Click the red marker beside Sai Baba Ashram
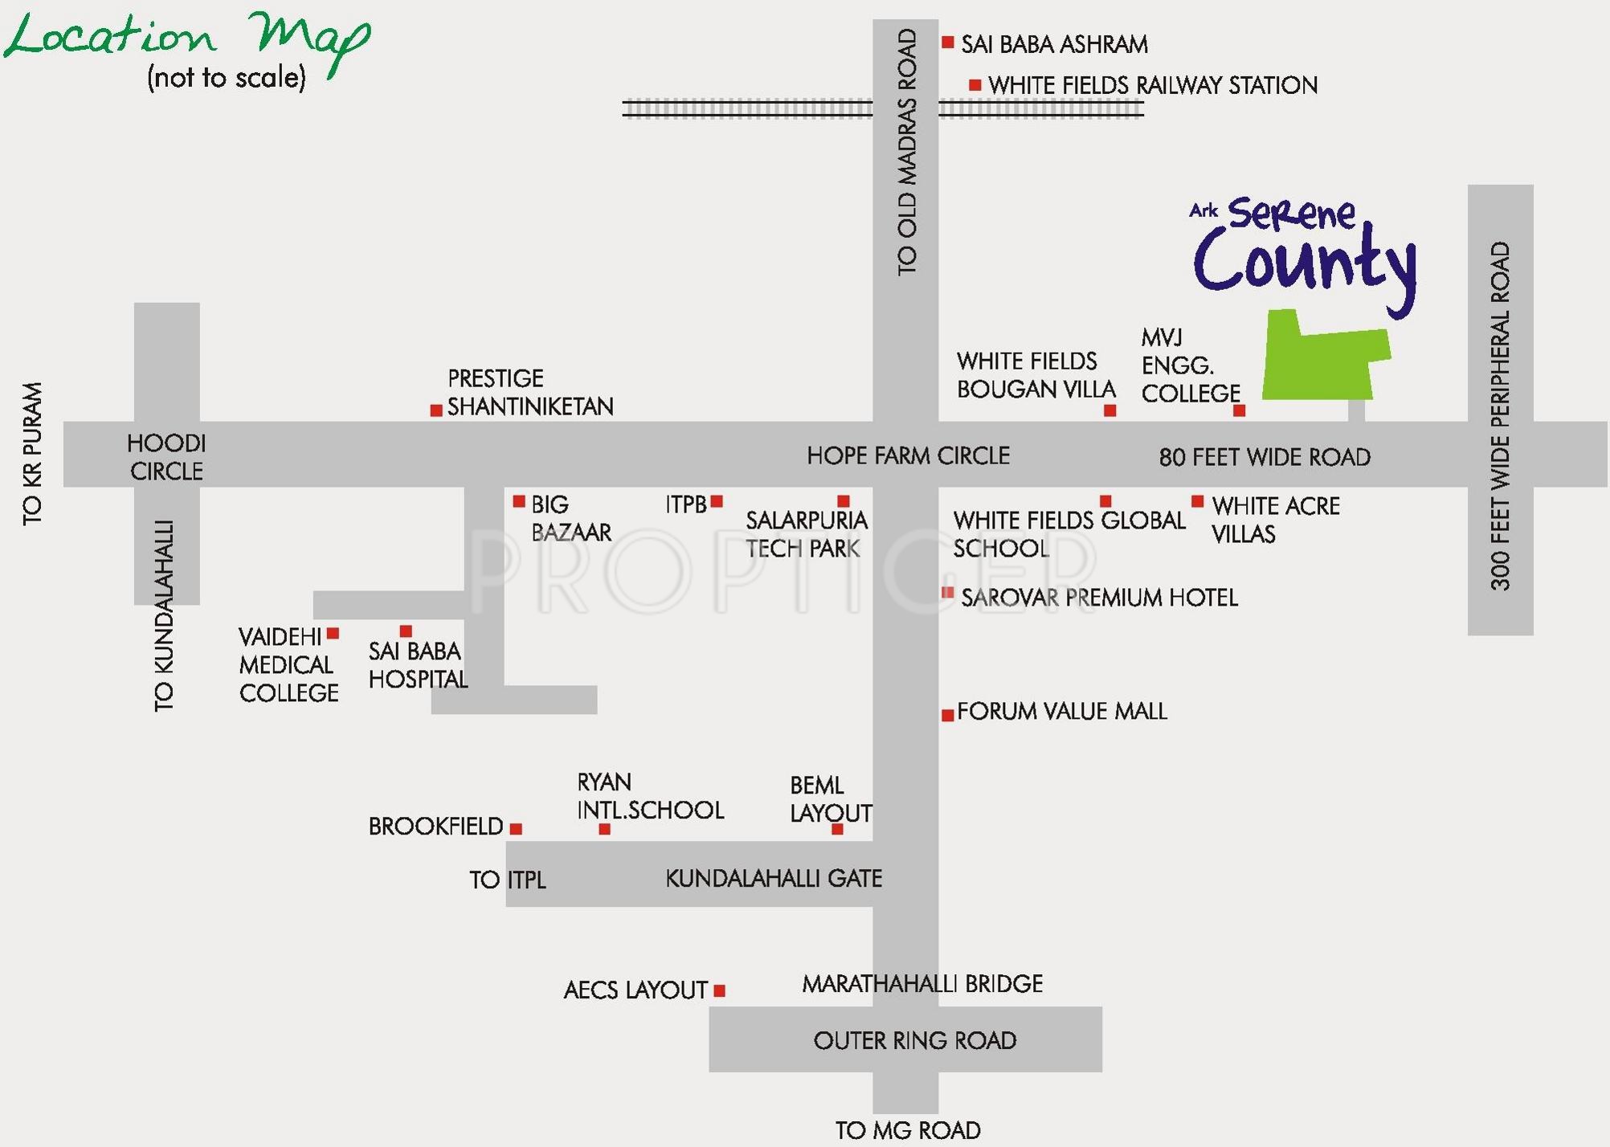(948, 42)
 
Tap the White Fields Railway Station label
(1153, 85)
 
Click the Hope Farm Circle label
(908, 455)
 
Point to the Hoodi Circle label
(166, 457)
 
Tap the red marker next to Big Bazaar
(519, 501)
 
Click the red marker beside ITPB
(717, 501)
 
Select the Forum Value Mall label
(1061, 711)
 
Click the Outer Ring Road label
(914, 1040)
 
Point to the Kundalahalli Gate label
(773, 878)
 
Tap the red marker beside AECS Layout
(720, 990)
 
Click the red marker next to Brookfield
(517, 828)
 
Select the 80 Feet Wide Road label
(1264, 457)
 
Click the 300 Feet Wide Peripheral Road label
(1500, 416)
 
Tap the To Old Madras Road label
(906, 153)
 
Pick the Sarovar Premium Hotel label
(1099, 598)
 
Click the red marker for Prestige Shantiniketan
(436, 410)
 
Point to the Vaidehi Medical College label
(288, 665)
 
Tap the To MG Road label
(908, 1130)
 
